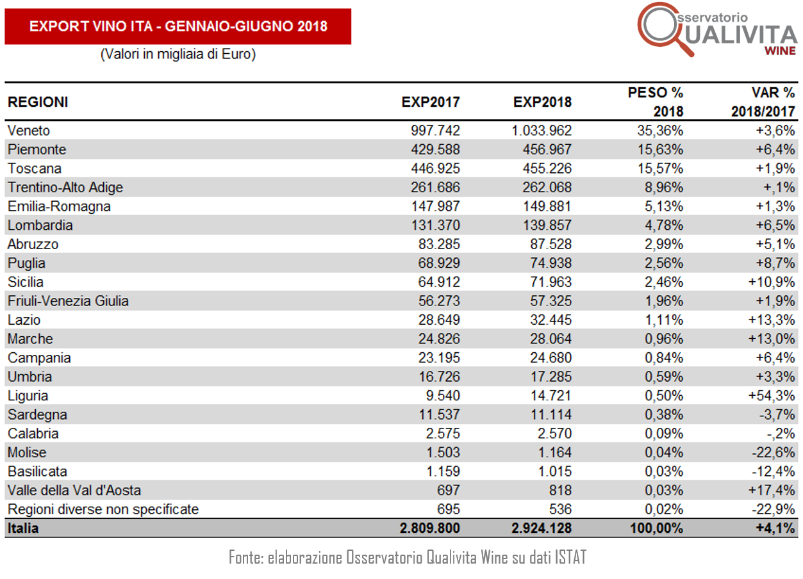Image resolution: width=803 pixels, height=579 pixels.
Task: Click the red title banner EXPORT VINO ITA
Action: tap(178, 26)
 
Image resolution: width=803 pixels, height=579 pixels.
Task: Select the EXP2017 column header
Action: tap(431, 102)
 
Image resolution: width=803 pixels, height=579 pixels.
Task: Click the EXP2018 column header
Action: tap(542, 102)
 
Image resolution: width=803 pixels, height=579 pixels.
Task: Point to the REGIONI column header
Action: tap(38, 102)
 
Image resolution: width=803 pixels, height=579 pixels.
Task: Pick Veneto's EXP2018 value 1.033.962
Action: tap(542, 131)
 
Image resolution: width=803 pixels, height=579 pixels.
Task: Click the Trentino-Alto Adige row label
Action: tap(65, 188)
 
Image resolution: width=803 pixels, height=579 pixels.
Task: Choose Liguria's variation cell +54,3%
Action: tap(772, 396)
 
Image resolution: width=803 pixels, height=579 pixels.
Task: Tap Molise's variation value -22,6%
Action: tap(774, 453)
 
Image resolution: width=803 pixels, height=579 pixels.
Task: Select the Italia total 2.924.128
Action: tap(542, 528)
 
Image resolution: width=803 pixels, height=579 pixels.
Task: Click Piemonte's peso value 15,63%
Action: tap(660, 149)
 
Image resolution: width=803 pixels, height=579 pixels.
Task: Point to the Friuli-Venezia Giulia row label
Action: tap(68, 301)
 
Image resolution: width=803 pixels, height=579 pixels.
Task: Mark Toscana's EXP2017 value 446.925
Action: tap(435, 168)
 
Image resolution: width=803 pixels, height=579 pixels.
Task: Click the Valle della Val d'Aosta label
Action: tap(74, 490)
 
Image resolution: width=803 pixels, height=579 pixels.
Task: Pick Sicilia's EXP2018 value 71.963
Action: tap(551, 282)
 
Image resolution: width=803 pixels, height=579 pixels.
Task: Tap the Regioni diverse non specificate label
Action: tap(103, 509)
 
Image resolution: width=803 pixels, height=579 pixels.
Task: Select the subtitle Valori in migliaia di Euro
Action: tap(178, 54)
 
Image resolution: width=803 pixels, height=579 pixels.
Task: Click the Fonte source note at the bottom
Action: tap(408, 557)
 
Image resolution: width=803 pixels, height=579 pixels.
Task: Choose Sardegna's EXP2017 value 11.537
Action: tap(440, 414)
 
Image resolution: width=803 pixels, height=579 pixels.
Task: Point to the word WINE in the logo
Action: tap(780, 51)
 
